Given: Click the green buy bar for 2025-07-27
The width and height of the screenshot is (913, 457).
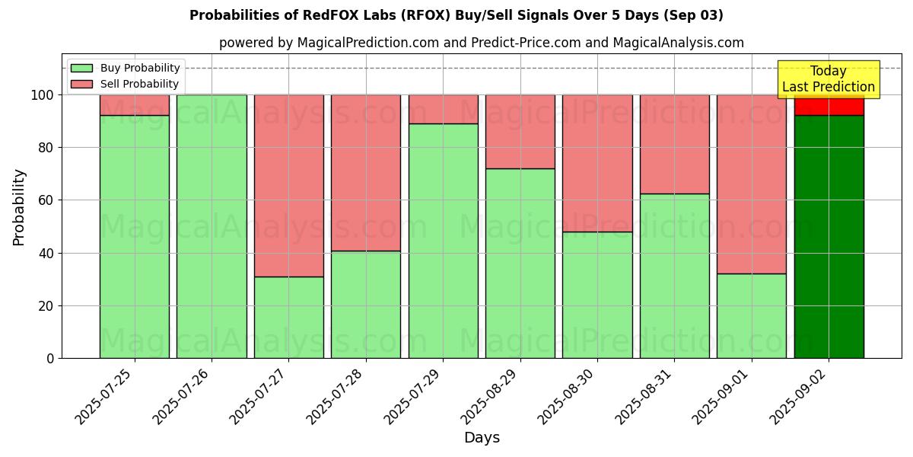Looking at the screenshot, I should [288, 317].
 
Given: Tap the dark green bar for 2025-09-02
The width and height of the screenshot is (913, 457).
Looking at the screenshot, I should [829, 236].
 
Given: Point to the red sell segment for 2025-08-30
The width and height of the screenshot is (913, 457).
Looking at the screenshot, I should [597, 163].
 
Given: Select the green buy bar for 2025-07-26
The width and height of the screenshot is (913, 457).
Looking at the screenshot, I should [212, 226].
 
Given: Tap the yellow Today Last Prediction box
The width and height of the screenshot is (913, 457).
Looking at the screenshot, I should [829, 79].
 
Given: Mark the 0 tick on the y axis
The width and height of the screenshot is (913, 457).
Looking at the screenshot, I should [49, 358].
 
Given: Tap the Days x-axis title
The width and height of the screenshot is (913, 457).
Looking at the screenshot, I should [482, 438].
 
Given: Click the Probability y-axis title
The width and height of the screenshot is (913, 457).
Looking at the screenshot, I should [19, 207].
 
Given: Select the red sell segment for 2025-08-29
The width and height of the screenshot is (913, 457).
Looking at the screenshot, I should [520, 131].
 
